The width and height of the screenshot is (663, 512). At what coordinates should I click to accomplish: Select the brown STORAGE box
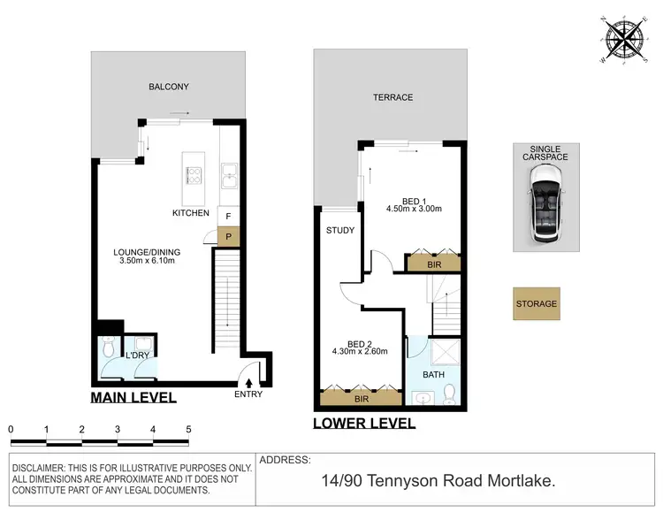click(x=537, y=303)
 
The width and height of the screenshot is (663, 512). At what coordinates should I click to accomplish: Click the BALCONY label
click(x=168, y=87)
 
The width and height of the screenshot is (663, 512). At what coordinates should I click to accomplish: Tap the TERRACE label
click(x=393, y=97)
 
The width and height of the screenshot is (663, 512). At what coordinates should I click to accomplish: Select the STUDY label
click(x=339, y=231)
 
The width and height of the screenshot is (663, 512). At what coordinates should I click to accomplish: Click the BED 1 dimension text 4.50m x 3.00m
click(x=414, y=210)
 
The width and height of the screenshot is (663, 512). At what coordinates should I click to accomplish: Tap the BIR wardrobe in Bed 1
click(x=432, y=263)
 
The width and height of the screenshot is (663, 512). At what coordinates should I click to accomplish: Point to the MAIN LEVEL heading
click(x=133, y=398)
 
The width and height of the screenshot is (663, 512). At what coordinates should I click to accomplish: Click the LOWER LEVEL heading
click(x=364, y=424)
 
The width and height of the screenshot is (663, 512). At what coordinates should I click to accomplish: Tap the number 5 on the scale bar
click(x=188, y=429)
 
